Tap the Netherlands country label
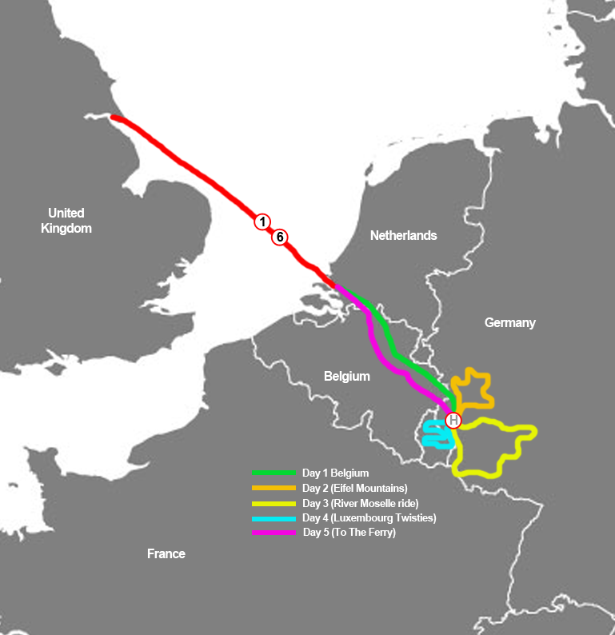click(403, 235)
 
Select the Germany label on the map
click(509, 322)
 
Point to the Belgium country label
click(346, 376)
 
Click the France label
click(166, 553)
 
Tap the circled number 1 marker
click(262, 222)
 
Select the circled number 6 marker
click(280, 237)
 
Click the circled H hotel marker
click(453, 421)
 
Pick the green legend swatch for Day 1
click(274, 473)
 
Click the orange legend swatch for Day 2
click(274, 488)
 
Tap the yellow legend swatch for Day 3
click(274, 503)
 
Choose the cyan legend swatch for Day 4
click(274, 518)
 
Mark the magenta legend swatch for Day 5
click(274, 533)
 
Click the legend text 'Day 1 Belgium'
click(335, 473)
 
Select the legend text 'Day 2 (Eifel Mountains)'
click(355, 488)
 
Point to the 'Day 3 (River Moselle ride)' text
click(360, 503)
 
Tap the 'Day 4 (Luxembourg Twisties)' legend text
click(369, 518)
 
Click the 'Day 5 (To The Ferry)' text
click(349, 533)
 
